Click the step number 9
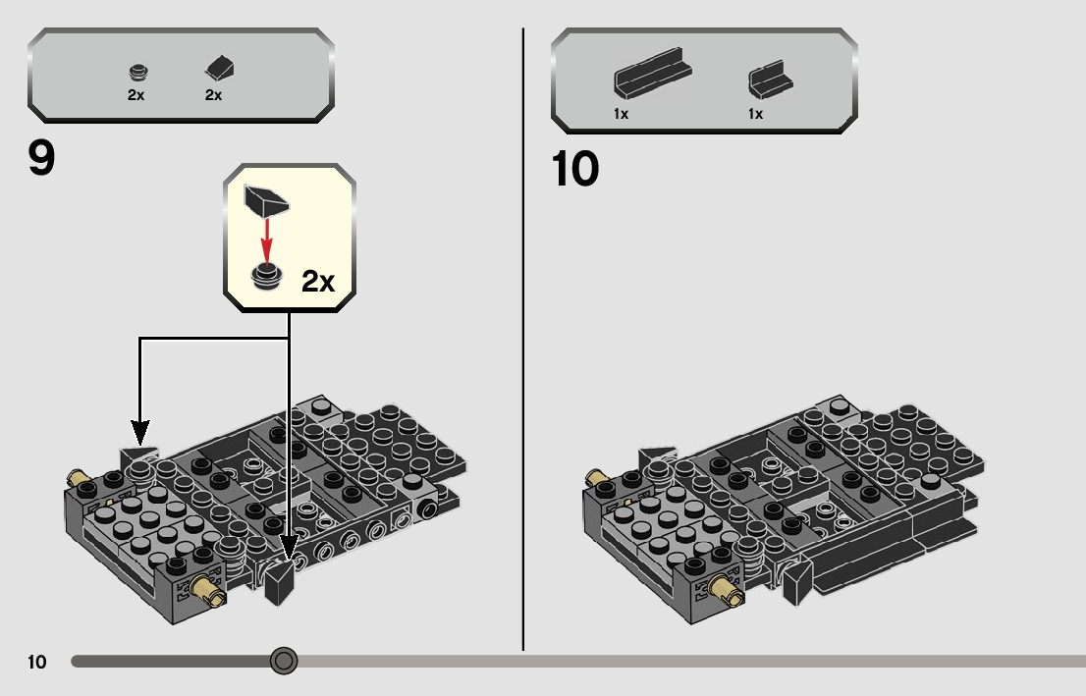tap(41, 158)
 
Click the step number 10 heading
tap(574, 169)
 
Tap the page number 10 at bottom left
tap(36, 662)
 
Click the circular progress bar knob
tap(283, 661)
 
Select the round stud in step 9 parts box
tap(139, 72)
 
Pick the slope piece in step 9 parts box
tap(220, 69)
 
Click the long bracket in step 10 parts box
tap(652, 73)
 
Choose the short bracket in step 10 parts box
tap(770, 79)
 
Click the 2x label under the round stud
tap(136, 95)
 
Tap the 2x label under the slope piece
tap(213, 95)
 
